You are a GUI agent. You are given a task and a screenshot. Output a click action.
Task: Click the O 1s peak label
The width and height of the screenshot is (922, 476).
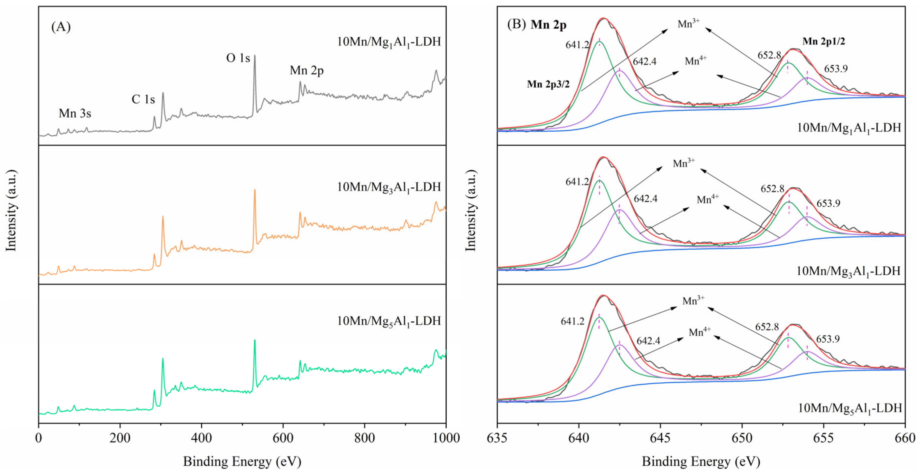238,58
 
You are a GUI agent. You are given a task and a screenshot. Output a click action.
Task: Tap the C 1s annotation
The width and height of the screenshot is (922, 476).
143,99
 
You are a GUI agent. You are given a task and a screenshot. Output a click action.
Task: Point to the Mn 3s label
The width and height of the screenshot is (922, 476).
75,114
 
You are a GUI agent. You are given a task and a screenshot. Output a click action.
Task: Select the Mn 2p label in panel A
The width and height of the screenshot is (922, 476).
307,70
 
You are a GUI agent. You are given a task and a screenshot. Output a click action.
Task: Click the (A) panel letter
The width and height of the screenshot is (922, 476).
61,27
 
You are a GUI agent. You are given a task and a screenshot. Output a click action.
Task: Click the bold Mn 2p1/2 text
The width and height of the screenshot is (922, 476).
823,42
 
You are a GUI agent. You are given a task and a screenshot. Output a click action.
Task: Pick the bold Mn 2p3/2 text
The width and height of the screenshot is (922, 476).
548,84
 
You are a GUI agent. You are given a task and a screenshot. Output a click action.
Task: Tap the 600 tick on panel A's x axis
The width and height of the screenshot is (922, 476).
283,438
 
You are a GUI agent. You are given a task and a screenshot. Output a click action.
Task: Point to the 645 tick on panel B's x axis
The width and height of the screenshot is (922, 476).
660,438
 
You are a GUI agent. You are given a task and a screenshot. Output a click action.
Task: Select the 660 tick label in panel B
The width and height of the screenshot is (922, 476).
905,438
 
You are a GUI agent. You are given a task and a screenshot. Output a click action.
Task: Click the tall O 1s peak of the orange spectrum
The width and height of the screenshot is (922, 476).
255,191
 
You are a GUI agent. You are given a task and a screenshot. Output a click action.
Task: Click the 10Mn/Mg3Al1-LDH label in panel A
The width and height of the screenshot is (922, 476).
389,187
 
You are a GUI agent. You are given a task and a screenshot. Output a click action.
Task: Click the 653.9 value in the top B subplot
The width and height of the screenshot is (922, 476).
836,69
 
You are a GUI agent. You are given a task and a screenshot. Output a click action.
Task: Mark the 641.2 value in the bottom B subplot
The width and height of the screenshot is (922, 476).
572,321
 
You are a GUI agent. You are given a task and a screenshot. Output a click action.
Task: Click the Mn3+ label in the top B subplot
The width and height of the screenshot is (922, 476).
688,24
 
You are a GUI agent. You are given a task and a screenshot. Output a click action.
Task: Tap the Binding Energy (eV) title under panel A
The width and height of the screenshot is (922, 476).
242,461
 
